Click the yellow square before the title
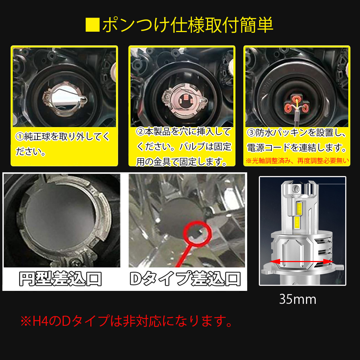pos(93,25)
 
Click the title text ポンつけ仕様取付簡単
pos(188,25)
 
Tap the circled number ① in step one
pos(19,137)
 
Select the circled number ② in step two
pos(140,132)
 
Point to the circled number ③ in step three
pos(251,133)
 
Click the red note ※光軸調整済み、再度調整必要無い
pos(297,161)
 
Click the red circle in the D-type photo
pos(198,233)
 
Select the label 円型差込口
pos(60,279)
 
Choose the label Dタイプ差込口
pos(185,279)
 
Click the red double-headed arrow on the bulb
pos(302,262)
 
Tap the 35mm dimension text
pos(298,300)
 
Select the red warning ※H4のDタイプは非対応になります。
pos(127,321)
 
